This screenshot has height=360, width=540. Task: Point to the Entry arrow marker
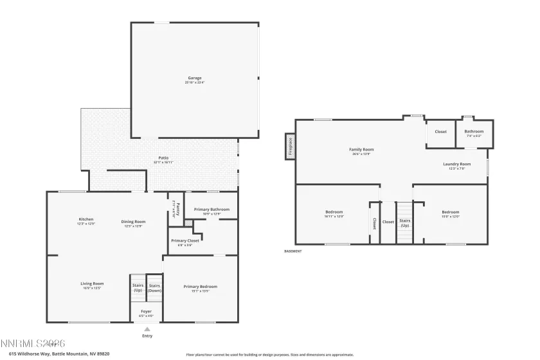[147, 329]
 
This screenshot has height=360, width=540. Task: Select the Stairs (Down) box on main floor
[154, 287]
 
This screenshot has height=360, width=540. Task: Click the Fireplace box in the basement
[290, 145]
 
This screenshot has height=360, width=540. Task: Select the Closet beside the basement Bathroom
[440, 132]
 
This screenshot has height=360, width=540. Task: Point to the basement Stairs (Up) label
[404, 223]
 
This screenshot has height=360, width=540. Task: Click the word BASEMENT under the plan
[292, 251]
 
